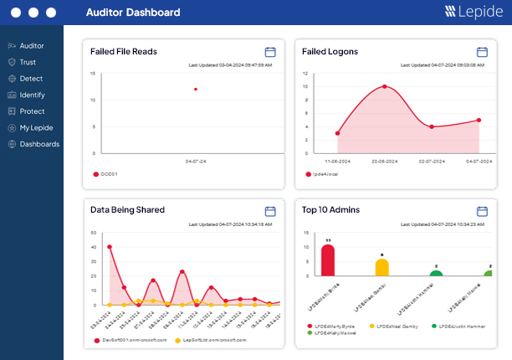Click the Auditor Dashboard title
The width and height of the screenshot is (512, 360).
tap(133, 13)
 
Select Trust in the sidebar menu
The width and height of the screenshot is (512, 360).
tap(28, 62)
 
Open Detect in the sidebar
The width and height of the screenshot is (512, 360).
tap(30, 79)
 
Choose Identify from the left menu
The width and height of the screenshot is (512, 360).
tap(32, 95)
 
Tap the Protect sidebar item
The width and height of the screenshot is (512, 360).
tap(32, 111)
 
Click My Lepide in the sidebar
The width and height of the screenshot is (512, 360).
tap(35, 127)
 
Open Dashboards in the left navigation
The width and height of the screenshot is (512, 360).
tap(38, 144)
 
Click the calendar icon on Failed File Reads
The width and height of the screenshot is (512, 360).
tap(270, 52)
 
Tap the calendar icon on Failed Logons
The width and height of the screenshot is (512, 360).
tap(482, 52)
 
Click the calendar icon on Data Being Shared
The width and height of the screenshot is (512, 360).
tap(270, 211)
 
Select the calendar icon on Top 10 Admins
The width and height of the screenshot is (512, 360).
tap(482, 211)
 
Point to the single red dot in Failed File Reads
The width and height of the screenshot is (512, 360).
tap(196, 89)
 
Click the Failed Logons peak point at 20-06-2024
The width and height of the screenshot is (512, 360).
tap(385, 86)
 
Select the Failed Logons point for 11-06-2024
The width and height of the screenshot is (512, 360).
tap(337, 133)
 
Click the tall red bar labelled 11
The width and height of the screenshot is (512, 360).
tap(328, 260)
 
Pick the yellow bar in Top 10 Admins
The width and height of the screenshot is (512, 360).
tap(381, 267)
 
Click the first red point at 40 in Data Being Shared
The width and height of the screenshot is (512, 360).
tap(110, 247)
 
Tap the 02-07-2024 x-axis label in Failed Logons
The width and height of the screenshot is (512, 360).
tap(432, 160)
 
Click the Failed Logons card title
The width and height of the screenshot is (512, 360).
tap(330, 52)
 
